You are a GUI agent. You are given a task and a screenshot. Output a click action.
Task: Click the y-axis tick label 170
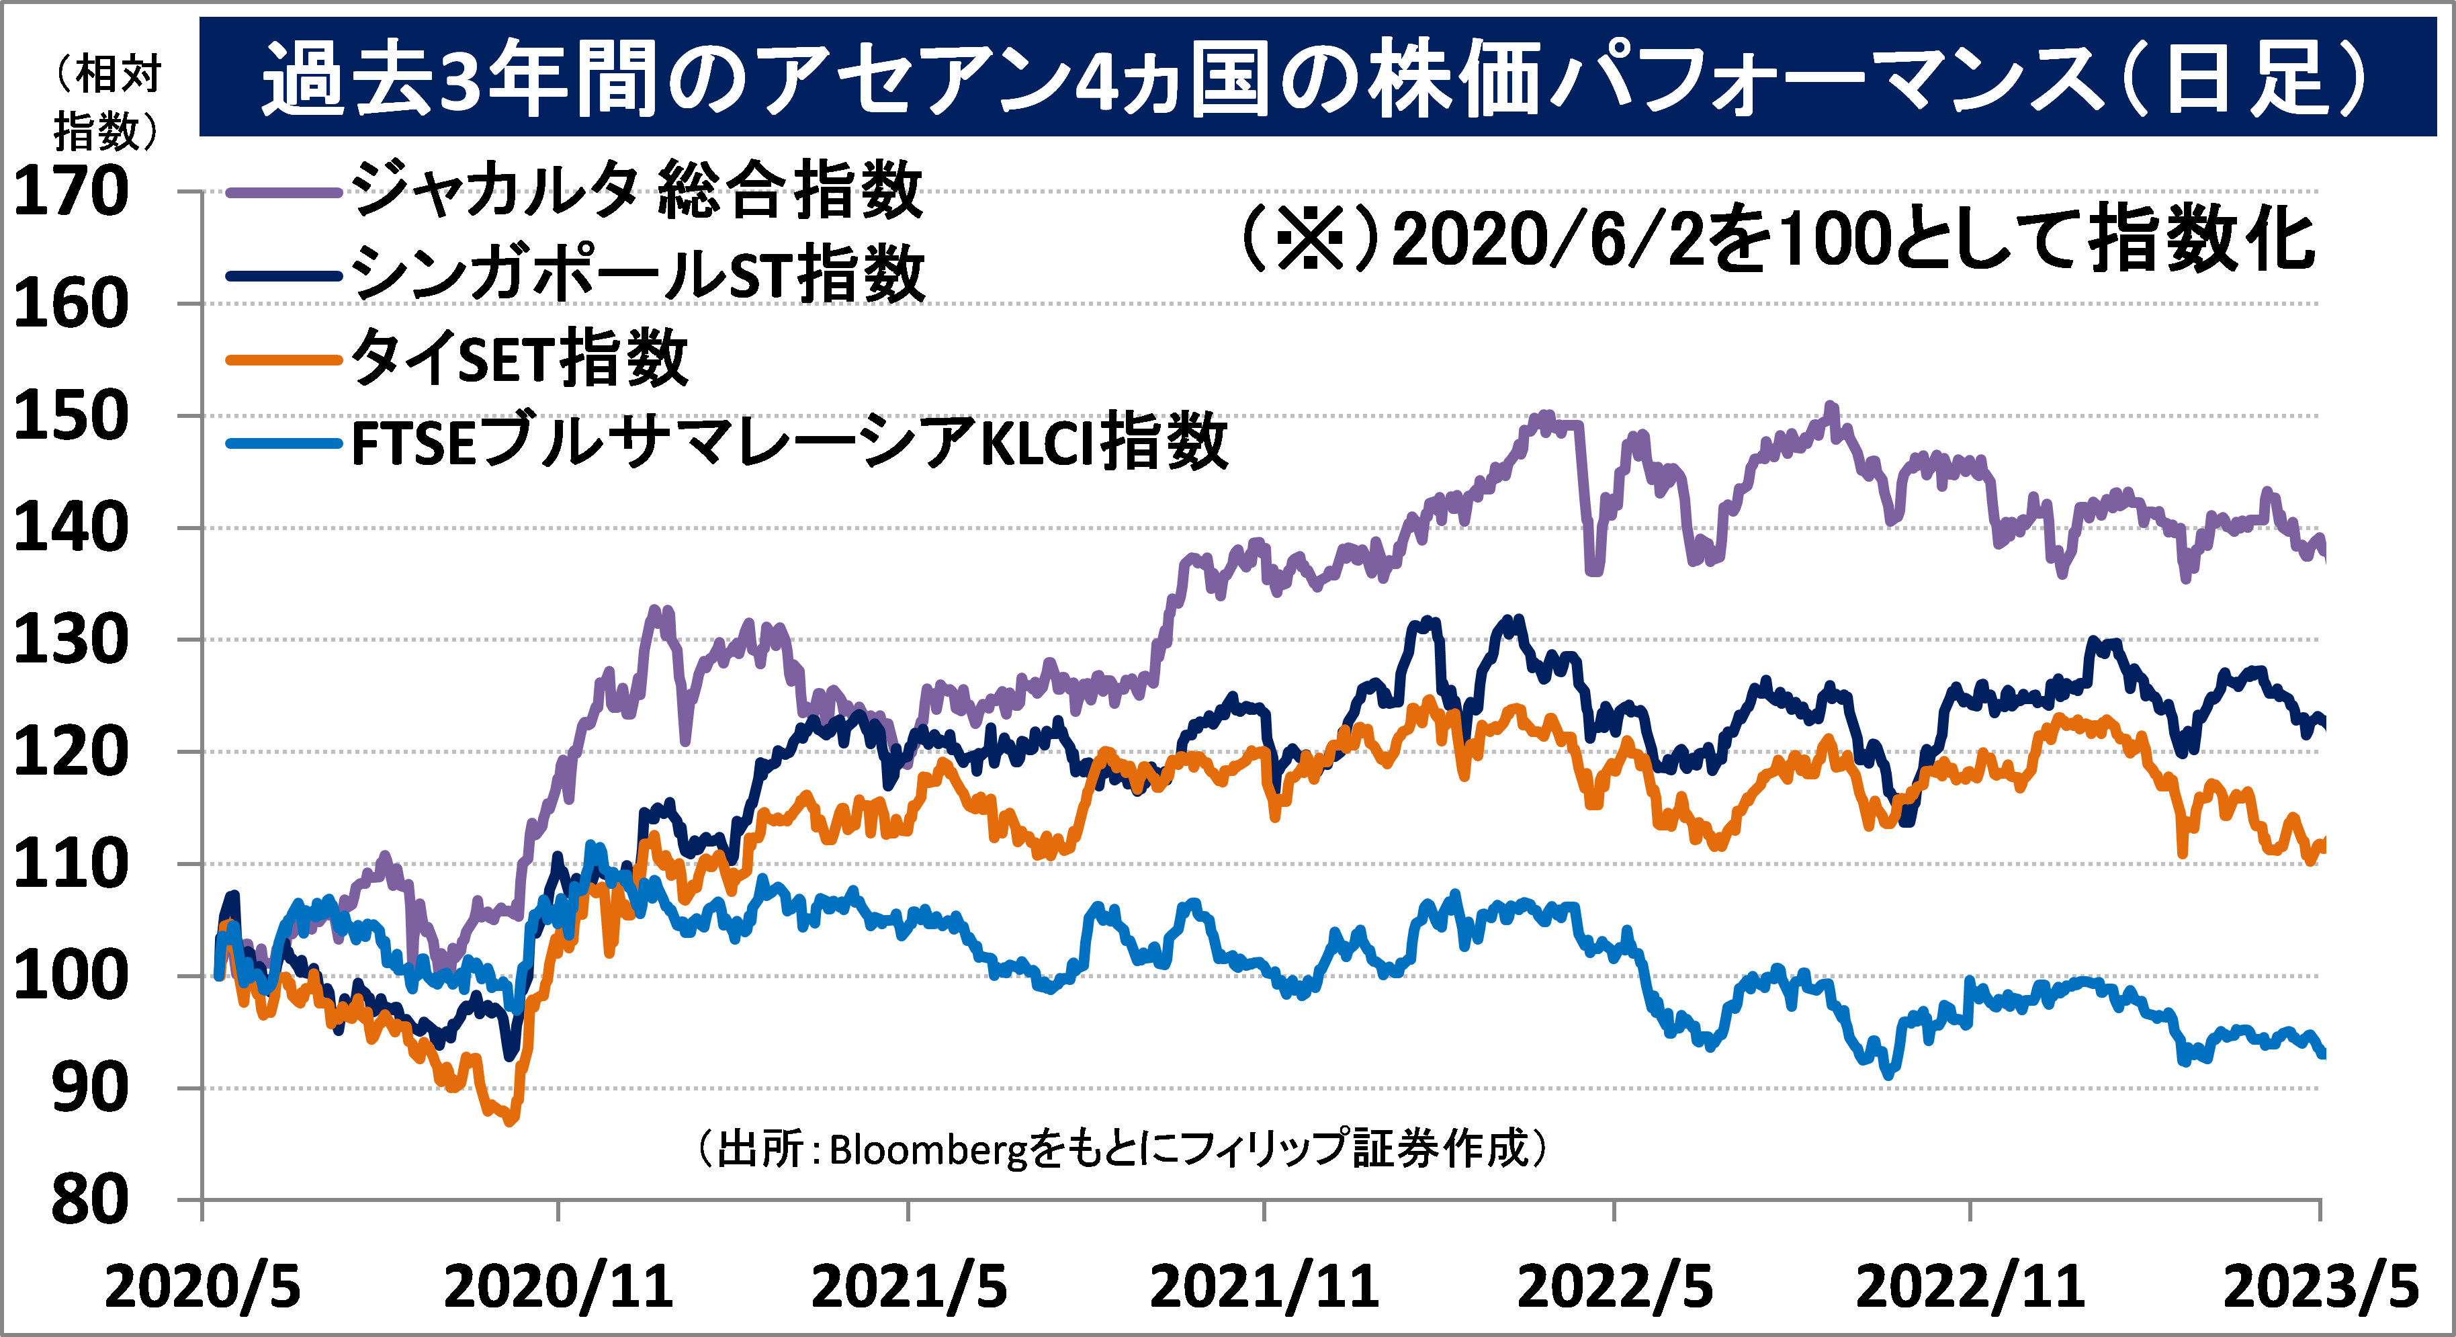[71, 191]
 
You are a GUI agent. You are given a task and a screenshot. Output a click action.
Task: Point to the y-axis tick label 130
[71, 640]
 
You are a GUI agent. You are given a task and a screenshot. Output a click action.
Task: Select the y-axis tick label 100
[71, 976]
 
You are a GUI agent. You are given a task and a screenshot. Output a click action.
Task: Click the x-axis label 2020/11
[559, 1287]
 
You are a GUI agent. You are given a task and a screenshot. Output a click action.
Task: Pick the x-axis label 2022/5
[1614, 1287]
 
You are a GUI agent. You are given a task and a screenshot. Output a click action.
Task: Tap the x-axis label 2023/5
[2320, 1287]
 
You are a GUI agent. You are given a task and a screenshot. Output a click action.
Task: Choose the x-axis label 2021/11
[1264, 1287]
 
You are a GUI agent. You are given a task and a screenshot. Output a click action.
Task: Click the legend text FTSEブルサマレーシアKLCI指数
[789, 443]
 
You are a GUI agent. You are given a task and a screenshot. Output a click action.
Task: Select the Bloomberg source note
[1121, 1149]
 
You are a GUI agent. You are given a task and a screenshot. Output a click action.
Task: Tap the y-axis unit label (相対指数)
[107, 103]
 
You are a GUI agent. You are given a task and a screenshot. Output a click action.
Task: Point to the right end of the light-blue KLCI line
[2322, 1053]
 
